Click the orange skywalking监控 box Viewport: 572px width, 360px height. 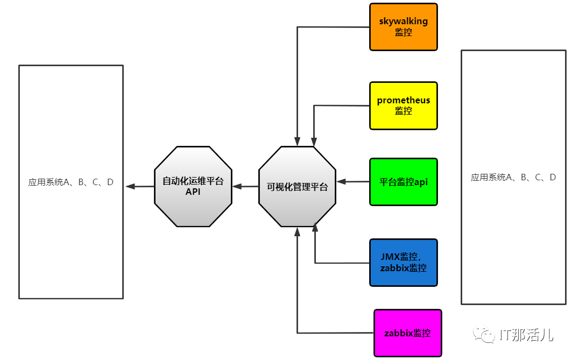(404, 27)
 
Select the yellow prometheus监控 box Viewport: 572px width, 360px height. (404, 105)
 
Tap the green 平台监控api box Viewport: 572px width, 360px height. (404, 182)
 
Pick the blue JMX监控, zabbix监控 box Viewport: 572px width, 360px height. (404, 263)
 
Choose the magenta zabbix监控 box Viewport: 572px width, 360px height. (407, 333)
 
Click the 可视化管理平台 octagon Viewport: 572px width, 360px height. (297, 187)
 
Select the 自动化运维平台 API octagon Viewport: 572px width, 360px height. (193, 186)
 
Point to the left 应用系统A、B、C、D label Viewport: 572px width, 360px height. (71, 182)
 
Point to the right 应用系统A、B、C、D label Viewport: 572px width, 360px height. (513, 177)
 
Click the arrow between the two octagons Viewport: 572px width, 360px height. (245, 187)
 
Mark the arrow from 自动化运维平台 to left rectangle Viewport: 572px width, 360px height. (140, 187)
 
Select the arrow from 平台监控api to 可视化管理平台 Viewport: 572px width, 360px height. (352, 182)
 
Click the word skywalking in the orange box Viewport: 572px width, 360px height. (403, 22)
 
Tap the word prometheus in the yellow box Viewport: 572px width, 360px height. (404, 100)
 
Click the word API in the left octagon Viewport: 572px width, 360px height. (193, 192)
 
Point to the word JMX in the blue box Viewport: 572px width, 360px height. (390, 257)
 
